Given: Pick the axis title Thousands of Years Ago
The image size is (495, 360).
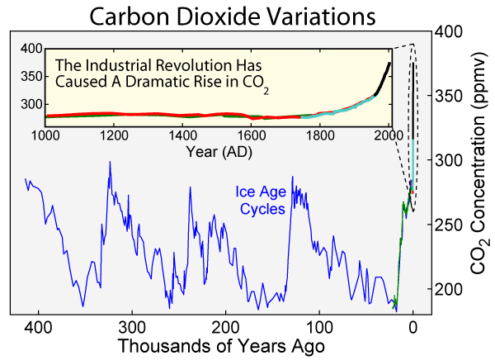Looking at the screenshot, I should [222, 345].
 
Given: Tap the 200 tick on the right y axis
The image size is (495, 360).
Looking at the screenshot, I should [447, 289].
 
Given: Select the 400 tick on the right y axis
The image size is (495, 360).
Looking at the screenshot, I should [447, 31].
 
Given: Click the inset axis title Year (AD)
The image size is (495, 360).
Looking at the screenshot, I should [219, 152].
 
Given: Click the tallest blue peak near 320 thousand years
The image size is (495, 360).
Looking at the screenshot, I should [110, 163].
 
